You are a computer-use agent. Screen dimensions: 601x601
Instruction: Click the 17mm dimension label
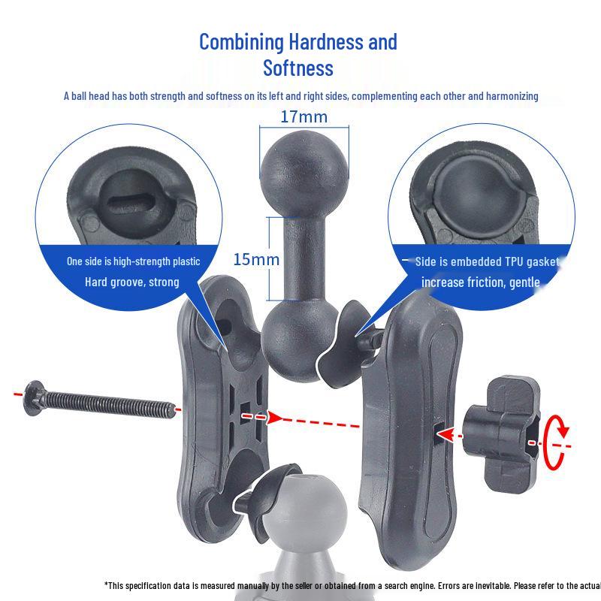(304, 117)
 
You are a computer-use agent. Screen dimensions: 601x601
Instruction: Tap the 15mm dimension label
(256, 260)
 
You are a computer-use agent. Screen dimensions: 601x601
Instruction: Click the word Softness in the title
(297, 68)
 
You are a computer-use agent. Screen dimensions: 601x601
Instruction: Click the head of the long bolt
(32, 395)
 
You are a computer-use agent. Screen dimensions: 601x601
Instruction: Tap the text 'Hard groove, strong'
(132, 282)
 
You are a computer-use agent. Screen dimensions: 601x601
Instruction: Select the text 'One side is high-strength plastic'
(133, 261)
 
